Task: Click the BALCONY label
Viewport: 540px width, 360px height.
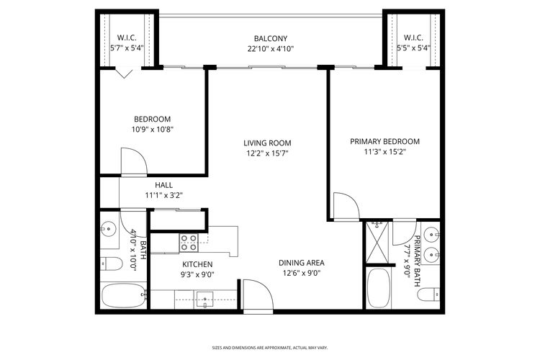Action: point(270,38)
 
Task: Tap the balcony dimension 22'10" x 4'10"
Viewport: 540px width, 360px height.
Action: point(270,49)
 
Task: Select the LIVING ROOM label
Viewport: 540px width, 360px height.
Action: point(267,143)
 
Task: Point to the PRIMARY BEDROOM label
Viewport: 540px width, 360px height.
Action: point(384,141)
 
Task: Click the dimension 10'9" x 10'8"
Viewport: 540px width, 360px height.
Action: point(152,130)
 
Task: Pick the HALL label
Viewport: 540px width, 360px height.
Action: point(163,184)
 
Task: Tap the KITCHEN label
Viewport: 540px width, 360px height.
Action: point(197,264)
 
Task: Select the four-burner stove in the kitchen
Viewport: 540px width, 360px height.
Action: point(189,243)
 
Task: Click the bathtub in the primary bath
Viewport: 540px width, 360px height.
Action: point(379,288)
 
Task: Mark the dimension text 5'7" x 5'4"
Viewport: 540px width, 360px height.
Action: point(127,49)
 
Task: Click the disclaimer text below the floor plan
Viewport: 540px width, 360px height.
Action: point(270,346)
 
